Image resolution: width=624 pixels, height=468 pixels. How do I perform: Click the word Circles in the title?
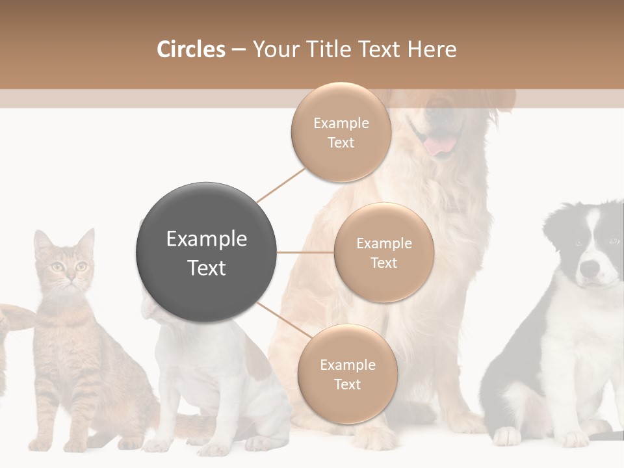tap(190, 49)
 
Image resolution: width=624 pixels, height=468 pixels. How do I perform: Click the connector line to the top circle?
tap(281, 185)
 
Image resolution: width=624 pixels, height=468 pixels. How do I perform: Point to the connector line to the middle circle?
tap(305, 252)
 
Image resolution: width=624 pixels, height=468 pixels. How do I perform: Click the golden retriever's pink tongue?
tap(441, 146)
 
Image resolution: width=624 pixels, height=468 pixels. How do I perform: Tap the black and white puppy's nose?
tap(590, 268)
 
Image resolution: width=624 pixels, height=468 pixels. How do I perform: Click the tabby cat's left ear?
tap(42, 241)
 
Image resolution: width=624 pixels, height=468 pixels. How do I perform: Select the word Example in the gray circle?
tap(206, 239)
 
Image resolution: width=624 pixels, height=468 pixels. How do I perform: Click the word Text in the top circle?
tap(341, 142)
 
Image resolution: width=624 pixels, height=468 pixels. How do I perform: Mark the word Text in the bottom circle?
tap(347, 384)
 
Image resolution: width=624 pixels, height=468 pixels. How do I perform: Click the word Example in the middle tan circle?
tap(383, 243)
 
